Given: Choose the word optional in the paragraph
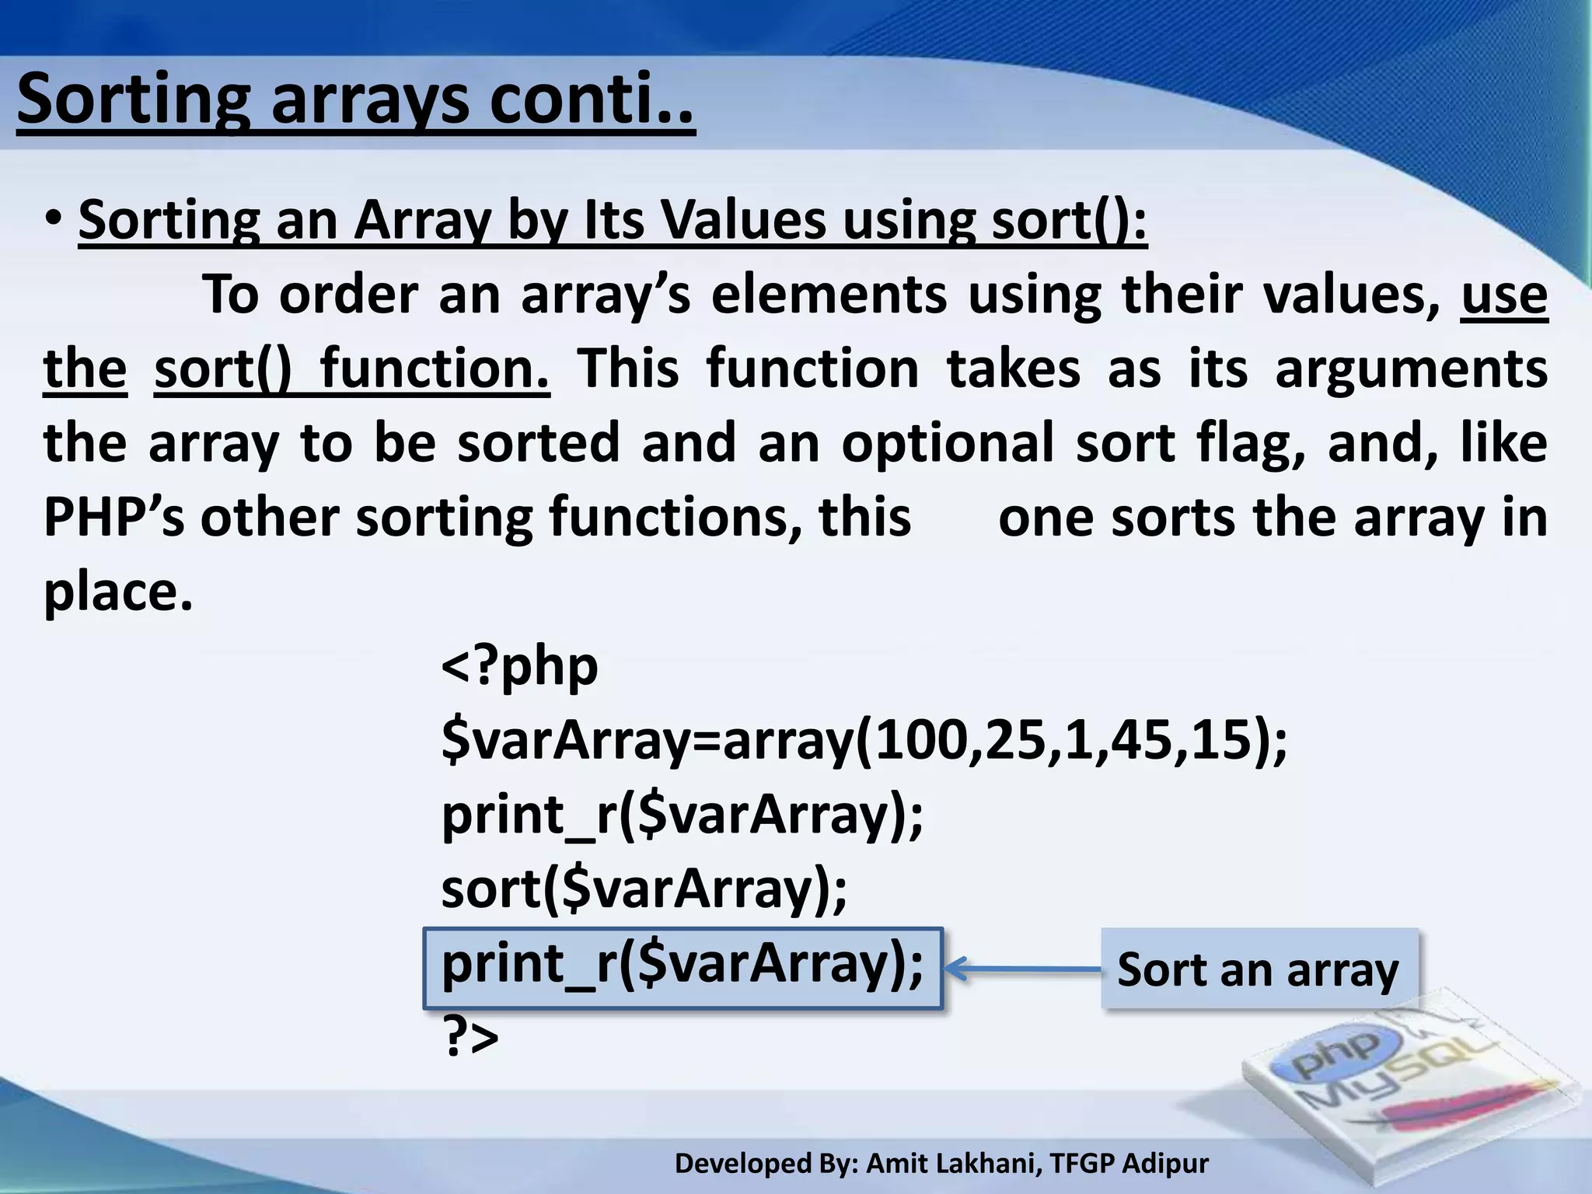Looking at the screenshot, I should click(947, 442).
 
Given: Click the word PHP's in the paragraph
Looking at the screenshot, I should click(113, 517).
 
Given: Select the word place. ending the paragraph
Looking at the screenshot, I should click(117, 592).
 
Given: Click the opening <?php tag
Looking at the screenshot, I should click(519, 666).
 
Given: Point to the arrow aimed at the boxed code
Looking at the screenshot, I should click(1021, 969).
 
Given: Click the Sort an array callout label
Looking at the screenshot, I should click(1258, 969).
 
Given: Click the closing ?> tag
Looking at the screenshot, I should click(470, 1038).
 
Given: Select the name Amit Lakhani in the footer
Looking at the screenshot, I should click(952, 1163).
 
